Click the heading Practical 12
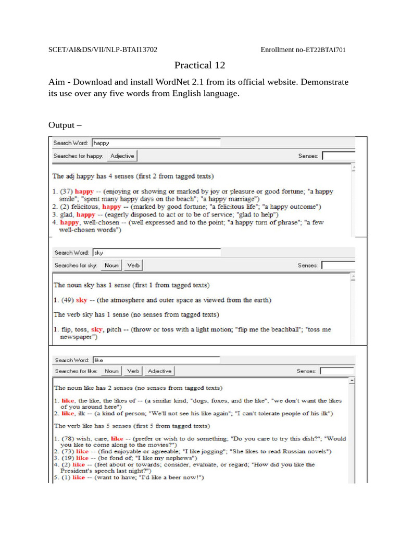pos(200,65)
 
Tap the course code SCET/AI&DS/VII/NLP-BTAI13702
pos(103,50)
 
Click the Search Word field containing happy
pos(156,143)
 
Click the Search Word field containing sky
pos(156,252)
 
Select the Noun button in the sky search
pos(111,265)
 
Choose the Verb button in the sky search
pos(133,265)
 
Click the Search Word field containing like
pos(156,360)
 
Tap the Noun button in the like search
pos(111,371)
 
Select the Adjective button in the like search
pos(159,371)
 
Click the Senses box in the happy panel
pos(338,156)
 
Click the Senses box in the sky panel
pos(338,265)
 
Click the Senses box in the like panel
pos(336,371)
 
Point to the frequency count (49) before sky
pos(67,300)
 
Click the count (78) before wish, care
pos(67,439)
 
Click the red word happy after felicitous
pos(111,207)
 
